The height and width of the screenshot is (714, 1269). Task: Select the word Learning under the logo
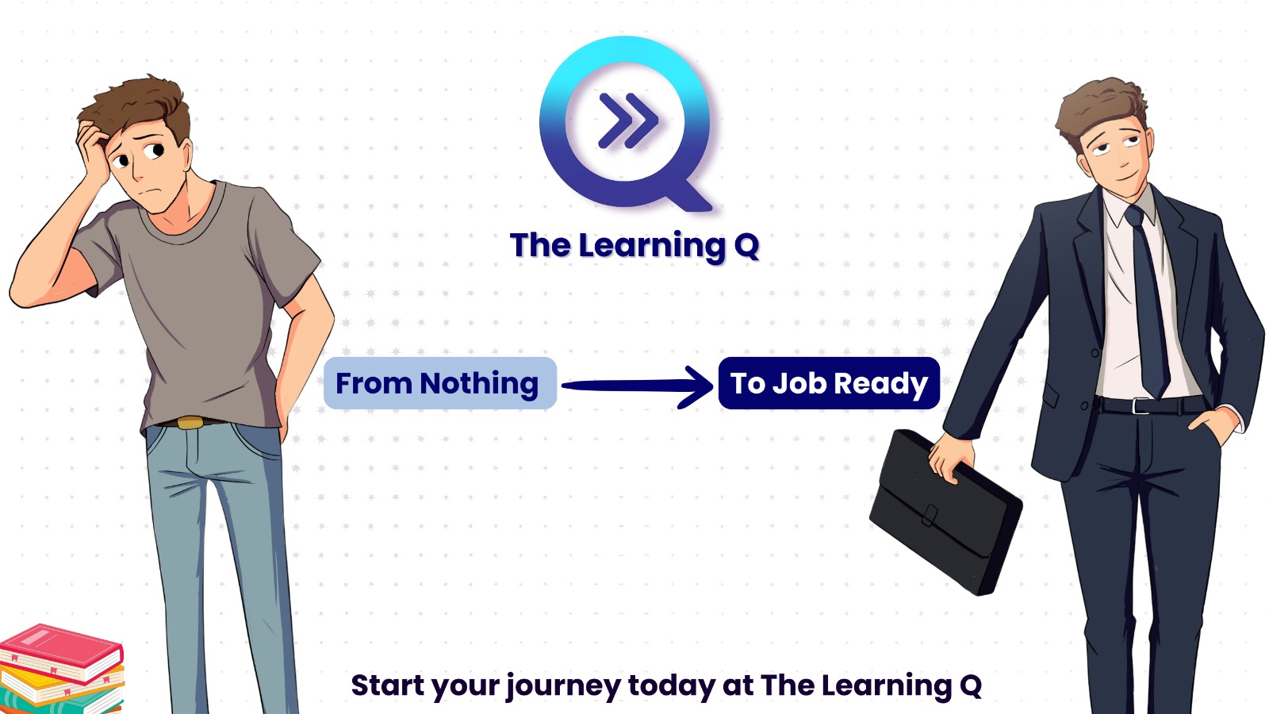click(651, 247)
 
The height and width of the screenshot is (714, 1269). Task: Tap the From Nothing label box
click(440, 383)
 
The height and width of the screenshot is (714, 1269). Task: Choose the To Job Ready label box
click(829, 383)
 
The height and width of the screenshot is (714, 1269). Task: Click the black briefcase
click(945, 512)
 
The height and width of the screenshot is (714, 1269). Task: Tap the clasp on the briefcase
click(929, 516)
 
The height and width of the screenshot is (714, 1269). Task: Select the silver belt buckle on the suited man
click(1141, 405)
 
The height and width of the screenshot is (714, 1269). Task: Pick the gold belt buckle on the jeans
click(190, 423)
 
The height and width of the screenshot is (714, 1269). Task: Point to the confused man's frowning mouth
click(148, 192)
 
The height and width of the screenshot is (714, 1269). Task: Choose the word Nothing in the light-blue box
click(479, 384)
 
